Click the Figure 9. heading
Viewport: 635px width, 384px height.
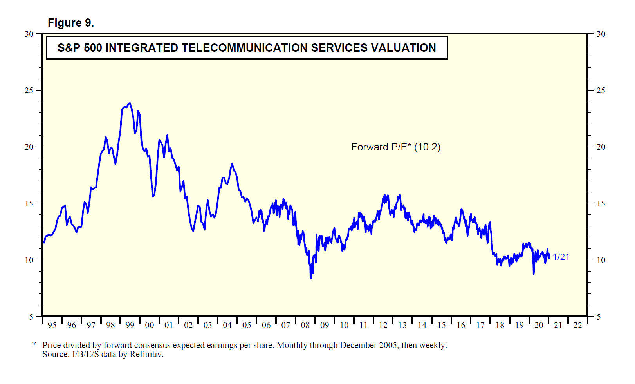coord(70,23)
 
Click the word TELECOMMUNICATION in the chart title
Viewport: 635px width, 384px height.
coord(245,48)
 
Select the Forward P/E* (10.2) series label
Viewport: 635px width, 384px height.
coord(396,147)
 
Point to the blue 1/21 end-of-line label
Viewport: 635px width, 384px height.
coord(561,257)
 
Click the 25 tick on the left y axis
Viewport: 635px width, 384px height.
coord(29,91)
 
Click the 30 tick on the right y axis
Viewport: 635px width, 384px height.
coord(601,34)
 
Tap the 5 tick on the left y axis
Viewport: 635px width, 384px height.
coord(31,317)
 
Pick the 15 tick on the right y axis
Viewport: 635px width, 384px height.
coord(601,204)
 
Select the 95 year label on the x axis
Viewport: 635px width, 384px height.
coord(52,325)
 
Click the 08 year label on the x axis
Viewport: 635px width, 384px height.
coord(305,325)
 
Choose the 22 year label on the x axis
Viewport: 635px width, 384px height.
coord(577,325)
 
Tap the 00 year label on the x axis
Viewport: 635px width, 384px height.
coord(149,325)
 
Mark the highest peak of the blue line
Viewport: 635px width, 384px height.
coord(130,103)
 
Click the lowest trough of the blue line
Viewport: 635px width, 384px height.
coord(311,278)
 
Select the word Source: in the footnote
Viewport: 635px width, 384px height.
coord(56,354)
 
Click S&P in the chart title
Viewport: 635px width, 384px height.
coord(69,48)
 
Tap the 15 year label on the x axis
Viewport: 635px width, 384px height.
coord(441,325)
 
